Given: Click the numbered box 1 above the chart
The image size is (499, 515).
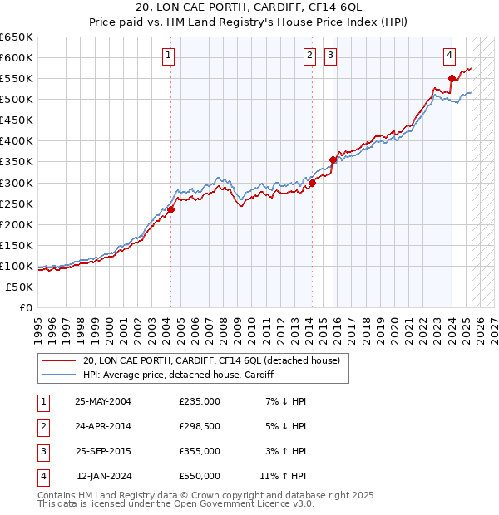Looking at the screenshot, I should pos(169,56).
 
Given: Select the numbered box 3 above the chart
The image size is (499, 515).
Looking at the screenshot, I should pos(330,56).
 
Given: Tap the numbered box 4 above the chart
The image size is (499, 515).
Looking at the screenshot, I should pos(449,56).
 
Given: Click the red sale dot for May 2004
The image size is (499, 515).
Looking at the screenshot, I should pos(170,209).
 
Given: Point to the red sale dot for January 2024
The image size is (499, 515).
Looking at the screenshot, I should pos(452,79).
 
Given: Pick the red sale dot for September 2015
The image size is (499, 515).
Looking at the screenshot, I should pos(333,159).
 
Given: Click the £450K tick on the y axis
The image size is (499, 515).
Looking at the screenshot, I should pos(16,120).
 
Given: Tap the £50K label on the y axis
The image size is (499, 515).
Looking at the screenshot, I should pos(19,287).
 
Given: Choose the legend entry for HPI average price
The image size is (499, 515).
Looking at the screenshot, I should pos(179,375).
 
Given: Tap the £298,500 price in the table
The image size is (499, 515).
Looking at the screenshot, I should pos(200,426).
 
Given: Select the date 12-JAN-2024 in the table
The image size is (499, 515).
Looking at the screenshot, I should pos(104,476).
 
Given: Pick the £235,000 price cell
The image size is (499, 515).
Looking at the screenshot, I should pos(200,401).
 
